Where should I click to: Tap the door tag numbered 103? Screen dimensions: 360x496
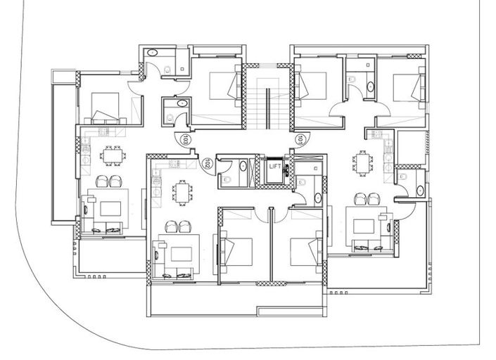[x=184, y=139]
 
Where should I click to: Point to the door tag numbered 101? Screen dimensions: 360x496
[x=300, y=139]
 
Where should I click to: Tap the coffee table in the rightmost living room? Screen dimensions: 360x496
[x=363, y=226]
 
